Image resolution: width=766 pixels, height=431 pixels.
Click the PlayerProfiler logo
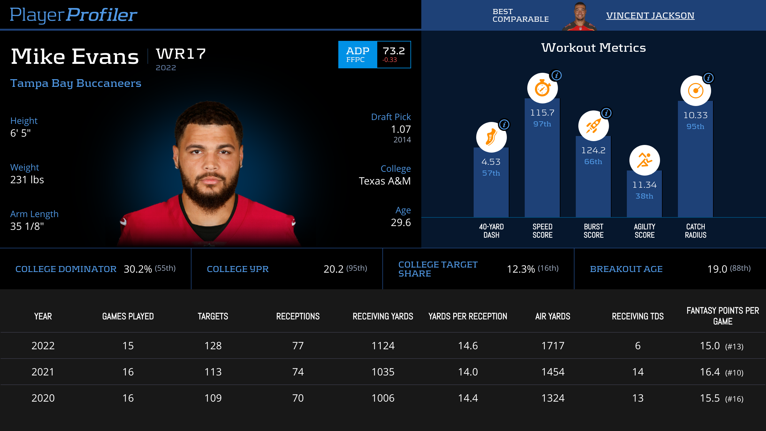(x=73, y=15)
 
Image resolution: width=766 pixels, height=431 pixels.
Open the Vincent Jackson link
(x=650, y=15)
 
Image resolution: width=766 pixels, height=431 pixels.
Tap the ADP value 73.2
(x=394, y=51)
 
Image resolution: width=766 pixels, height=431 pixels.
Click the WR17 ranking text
(x=181, y=54)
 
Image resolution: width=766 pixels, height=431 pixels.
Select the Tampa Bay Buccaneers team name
(x=76, y=83)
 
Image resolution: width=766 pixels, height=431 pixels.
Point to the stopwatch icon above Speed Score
(x=542, y=88)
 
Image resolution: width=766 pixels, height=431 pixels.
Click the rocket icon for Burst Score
(x=593, y=126)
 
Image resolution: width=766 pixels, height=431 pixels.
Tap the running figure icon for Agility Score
(x=644, y=160)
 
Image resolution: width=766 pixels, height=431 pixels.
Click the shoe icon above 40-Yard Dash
(x=491, y=137)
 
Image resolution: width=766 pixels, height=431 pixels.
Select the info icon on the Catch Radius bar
(x=709, y=78)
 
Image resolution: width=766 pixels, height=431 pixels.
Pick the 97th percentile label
(x=542, y=124)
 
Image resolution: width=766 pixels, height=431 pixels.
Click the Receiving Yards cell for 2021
(x=383, y=372)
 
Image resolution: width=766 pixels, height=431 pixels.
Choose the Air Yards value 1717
(x=553, y=346)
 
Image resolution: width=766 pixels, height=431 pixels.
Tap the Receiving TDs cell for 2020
(x=638, y=398)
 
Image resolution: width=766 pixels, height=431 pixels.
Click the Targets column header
(x=213, y=316)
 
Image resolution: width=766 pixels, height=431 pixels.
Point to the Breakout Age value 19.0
(x=717, y=269)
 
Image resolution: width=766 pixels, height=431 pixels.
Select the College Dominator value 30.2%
(x=138, y=269)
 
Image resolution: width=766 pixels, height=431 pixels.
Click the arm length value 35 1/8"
(x=27, y=226)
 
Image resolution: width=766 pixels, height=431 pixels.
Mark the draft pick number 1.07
(x=401, y=129)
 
